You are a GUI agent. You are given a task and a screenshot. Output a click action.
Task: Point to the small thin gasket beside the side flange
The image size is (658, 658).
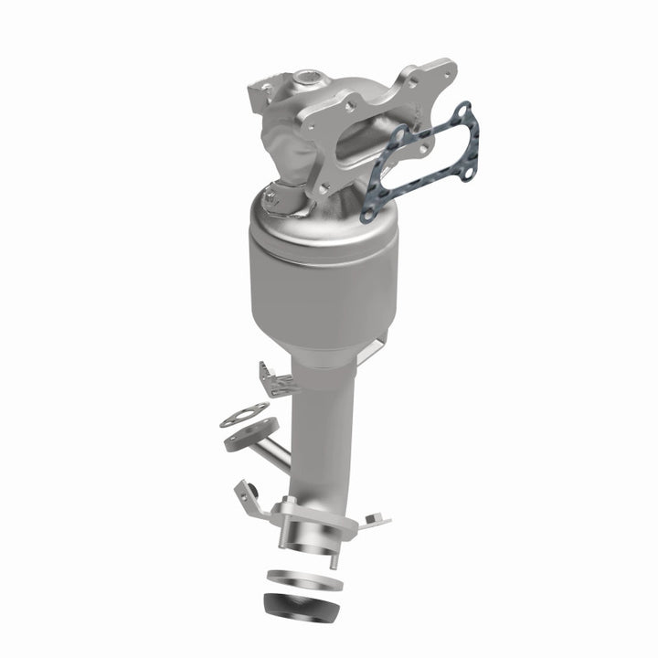(x=243, y=415)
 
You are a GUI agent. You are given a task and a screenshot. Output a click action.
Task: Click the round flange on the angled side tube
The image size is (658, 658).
(x=247, y=437)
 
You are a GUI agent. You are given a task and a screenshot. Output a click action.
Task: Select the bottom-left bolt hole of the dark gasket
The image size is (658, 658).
(x=367, y=215)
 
